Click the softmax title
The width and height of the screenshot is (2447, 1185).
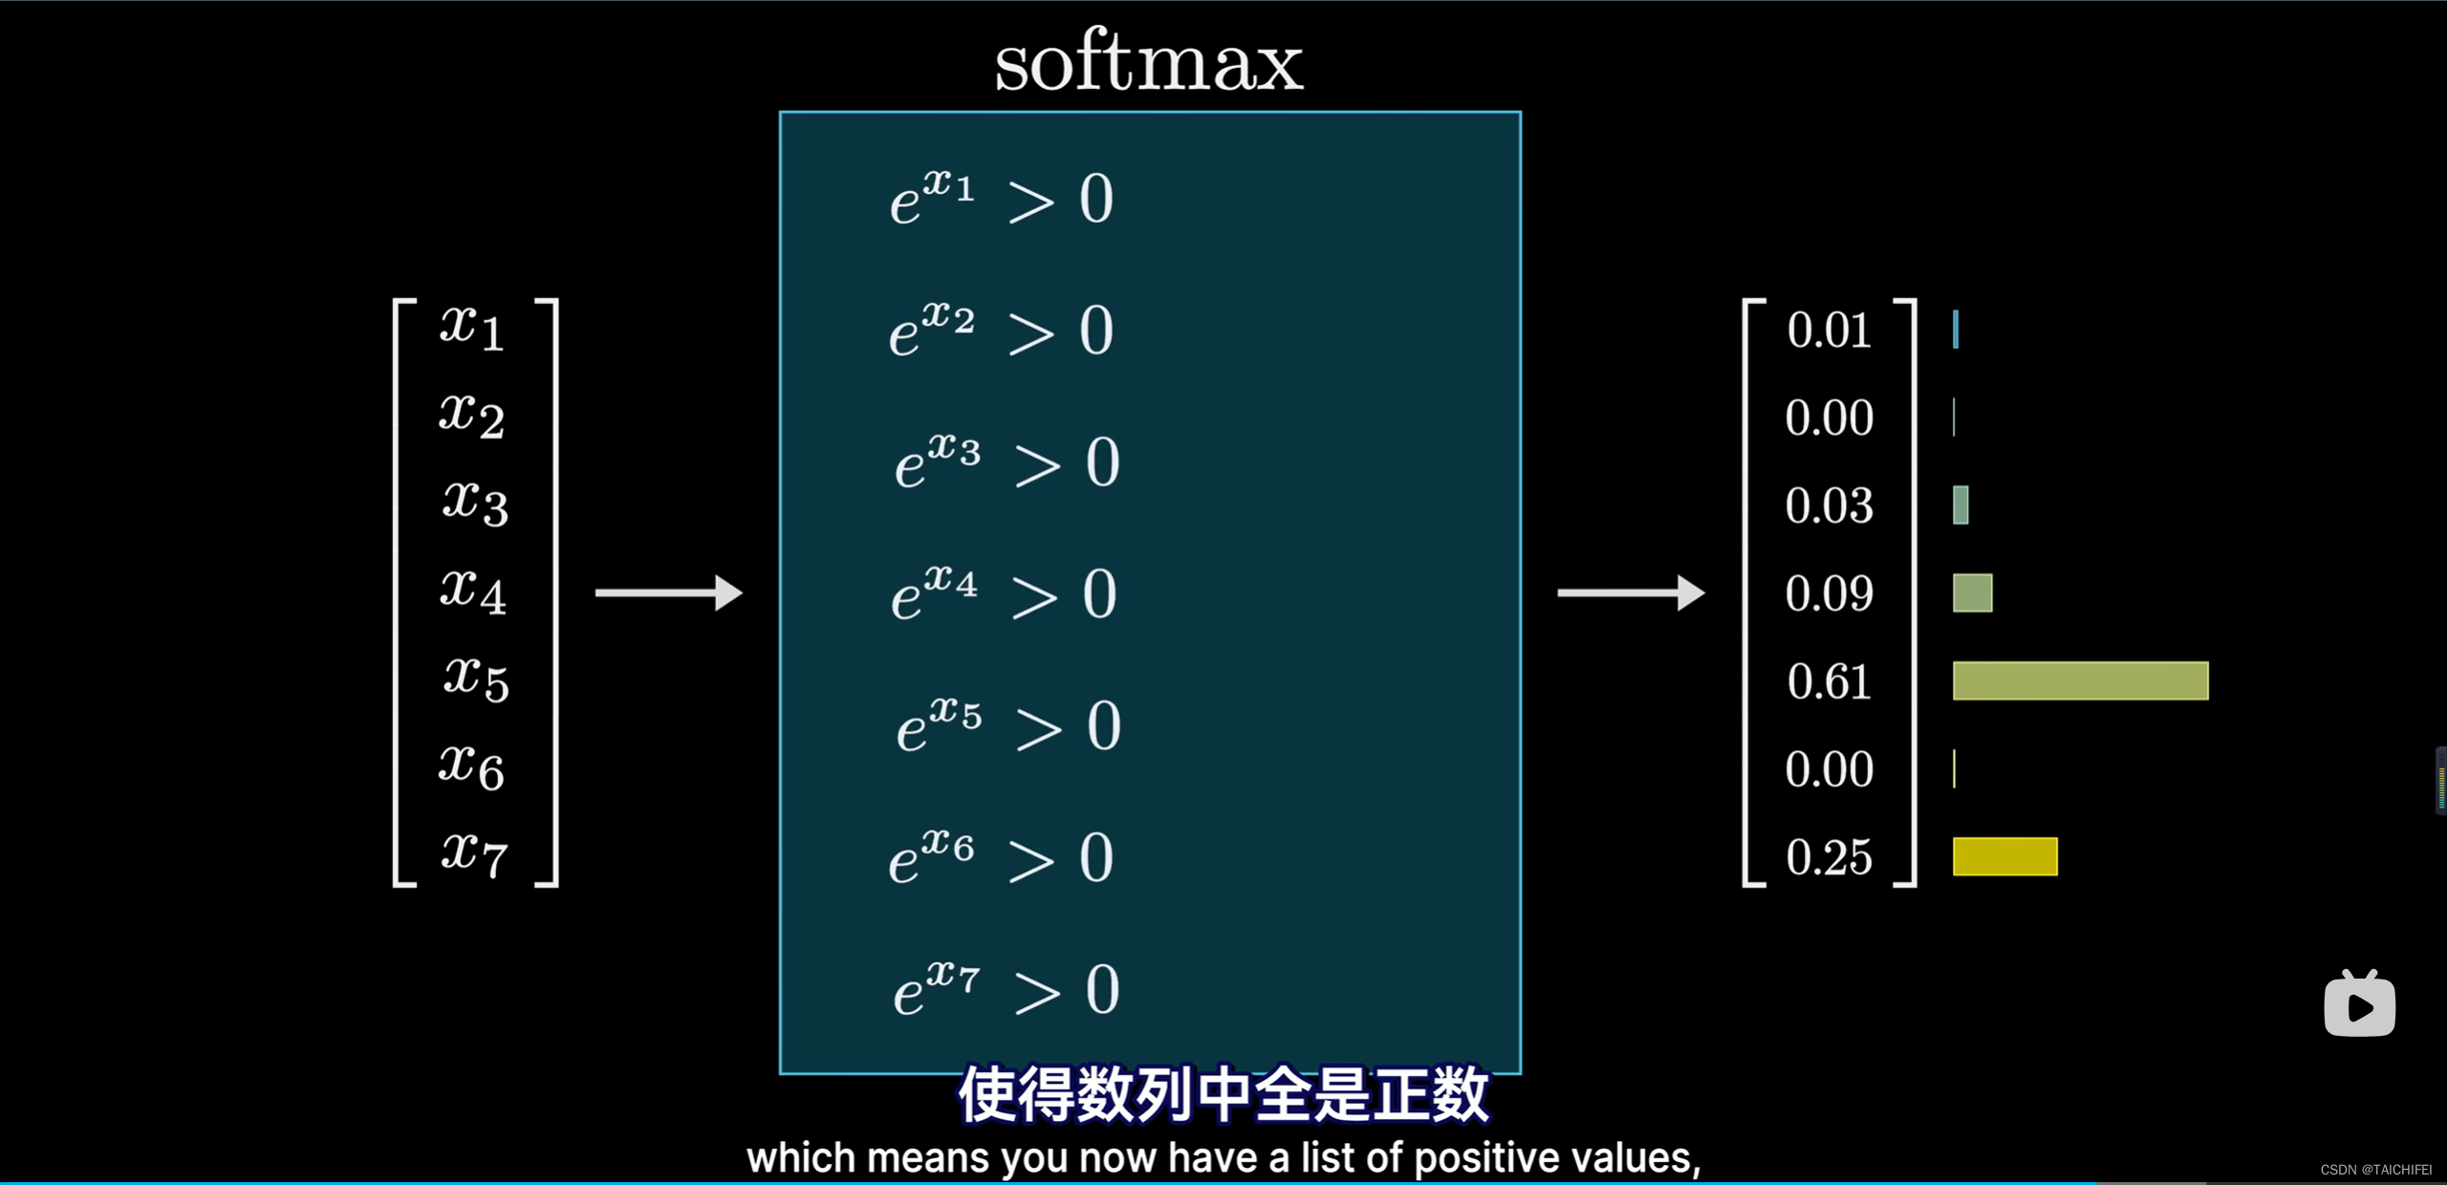1148,63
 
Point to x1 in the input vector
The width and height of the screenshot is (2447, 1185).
472,327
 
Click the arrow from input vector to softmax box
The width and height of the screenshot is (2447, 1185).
668,592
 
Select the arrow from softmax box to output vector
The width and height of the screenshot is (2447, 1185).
1631,592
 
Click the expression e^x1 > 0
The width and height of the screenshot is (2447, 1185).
1002,198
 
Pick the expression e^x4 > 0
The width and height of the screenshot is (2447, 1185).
1004,593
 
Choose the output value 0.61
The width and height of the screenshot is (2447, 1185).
1829,681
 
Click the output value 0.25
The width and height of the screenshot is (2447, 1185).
1829,857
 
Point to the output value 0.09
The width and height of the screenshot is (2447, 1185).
1829,593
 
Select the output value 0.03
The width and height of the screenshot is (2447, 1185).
1829,506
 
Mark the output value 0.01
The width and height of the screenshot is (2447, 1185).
1829,330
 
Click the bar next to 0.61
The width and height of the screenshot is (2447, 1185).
2080,680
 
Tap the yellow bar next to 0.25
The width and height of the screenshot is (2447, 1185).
2004,856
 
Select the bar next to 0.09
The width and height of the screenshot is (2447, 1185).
1972,592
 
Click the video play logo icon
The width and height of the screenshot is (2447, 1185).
2359,1004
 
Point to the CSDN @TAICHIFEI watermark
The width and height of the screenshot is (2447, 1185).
2375,1170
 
